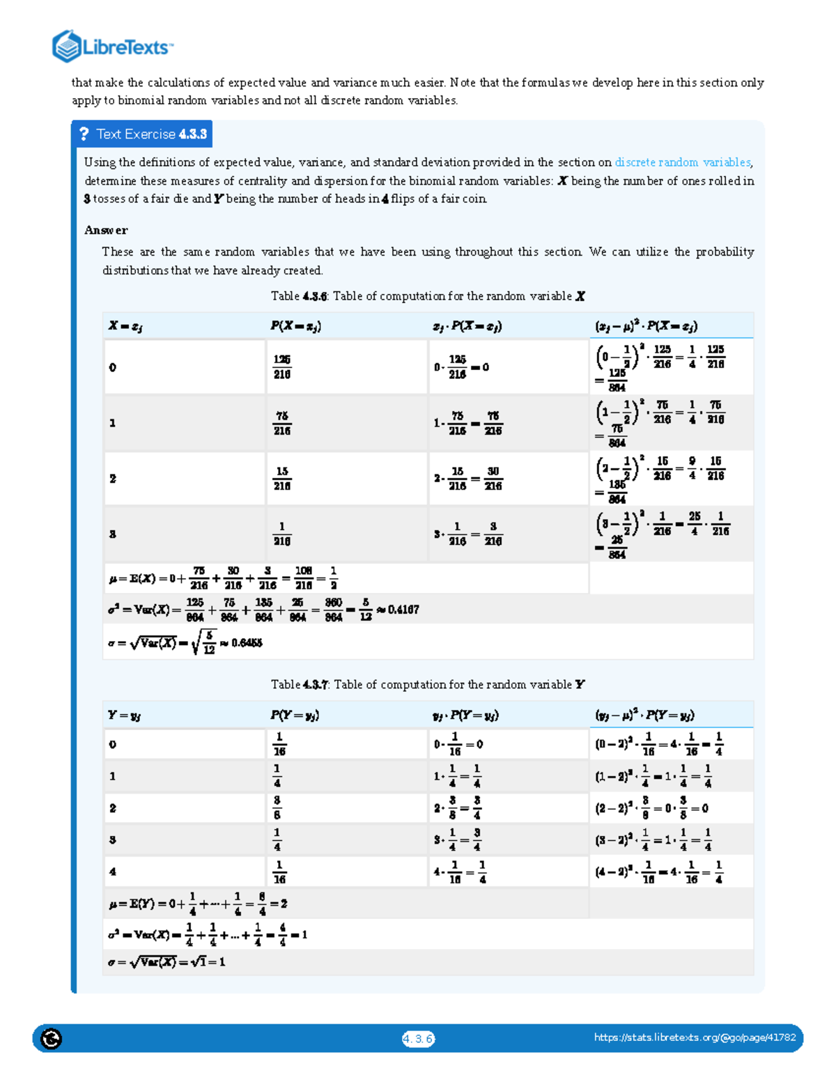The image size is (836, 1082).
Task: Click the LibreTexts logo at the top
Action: click(112, 47)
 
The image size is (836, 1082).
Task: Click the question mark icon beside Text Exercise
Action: click(84, 134)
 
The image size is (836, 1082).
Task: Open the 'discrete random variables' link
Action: click(682, 162)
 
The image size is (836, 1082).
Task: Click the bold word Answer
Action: click(106, 230)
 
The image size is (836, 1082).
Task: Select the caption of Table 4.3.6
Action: click(428, 296)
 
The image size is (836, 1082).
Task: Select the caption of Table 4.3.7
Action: click(428, 685)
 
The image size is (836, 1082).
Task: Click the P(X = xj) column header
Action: click(295, 326)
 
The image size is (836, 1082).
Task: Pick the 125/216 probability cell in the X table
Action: click(282, 367)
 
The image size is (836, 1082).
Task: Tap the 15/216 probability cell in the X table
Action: click(282, 479)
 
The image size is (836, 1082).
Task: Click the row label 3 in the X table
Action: click(112, 534)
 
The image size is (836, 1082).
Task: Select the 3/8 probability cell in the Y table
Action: click(277, 808)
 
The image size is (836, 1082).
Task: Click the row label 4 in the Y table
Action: click(112, 872)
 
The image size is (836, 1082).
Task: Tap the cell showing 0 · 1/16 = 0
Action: click(458, 744)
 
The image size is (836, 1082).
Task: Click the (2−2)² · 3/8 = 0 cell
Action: click(651, 808)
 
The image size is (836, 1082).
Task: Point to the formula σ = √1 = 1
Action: click(167, 962)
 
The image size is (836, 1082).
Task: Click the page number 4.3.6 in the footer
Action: click(418, 1039)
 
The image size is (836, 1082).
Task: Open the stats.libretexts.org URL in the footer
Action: click(695, 1037)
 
